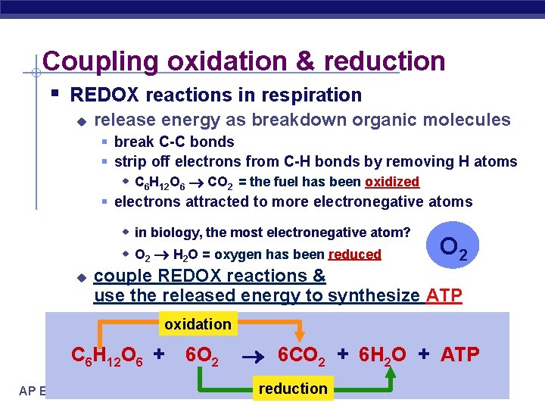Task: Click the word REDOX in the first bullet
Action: click(x=101, y=95)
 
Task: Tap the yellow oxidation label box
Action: click(x=198, y=324)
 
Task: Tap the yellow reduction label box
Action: click(x=293, y=389)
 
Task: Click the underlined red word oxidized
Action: click(x=391, y=182)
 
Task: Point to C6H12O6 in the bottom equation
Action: click(x=109, y=354)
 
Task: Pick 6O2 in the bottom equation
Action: click(x=202, y=354)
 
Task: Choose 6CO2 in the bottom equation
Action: click(x=301, y=354)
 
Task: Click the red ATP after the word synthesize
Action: click(x=444, y=295)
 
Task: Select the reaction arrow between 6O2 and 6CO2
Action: click(x=251, y=354)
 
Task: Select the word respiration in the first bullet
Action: click(x=318, y=95)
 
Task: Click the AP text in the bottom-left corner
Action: click(x=27, y=390)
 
